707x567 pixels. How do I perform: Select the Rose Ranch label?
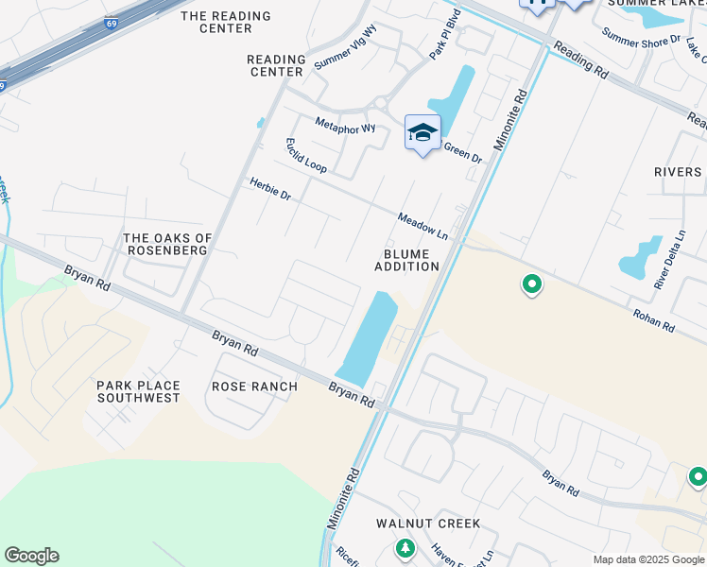pos(254,387)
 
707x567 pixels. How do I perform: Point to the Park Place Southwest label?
pos(138,391)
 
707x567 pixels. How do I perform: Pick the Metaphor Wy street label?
pos(345,127)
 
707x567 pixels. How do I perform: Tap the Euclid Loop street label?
pos(306,155)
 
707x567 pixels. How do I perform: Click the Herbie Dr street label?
pos(270,188)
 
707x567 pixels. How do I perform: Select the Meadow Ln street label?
pos(422,224)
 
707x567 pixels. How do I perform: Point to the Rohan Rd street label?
pos(654,321)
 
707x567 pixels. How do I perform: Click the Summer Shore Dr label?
pos(641,40)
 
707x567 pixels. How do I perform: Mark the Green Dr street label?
pos(463,152)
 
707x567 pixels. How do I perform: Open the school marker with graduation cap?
pos(422,133)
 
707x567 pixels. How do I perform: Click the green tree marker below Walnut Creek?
pos(405,547)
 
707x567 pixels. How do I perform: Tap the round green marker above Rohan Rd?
pos(532,283)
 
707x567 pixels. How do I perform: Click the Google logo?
pos(31,556)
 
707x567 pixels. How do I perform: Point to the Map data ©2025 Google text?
pos(647,559)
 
